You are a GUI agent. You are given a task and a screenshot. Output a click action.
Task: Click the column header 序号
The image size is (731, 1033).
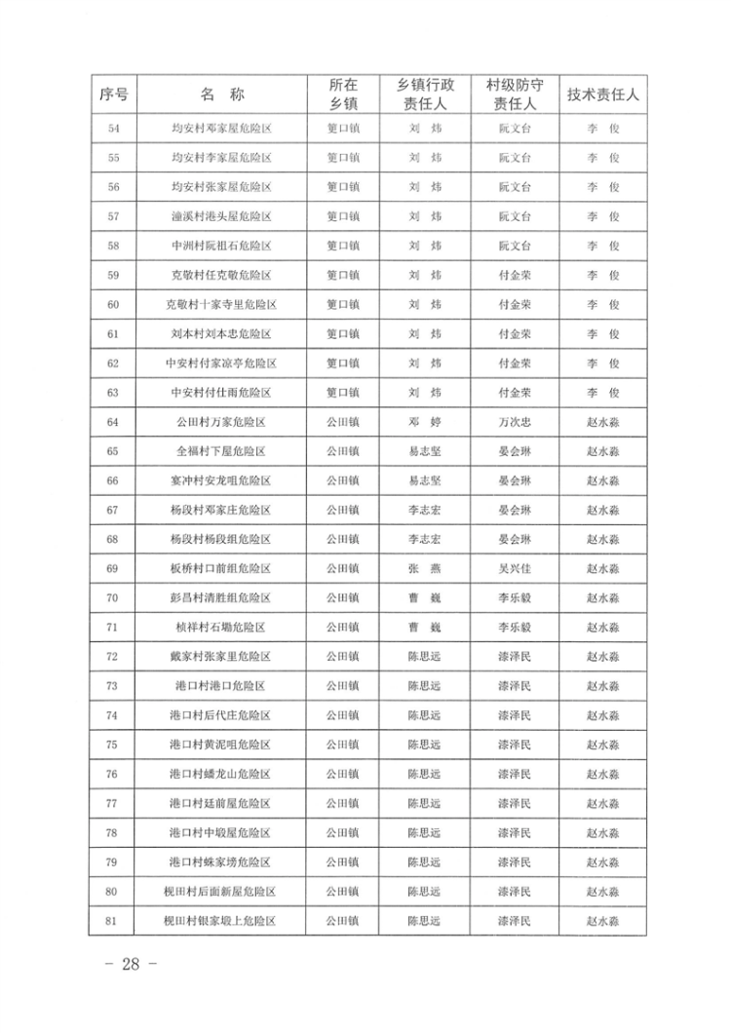coord(114,95)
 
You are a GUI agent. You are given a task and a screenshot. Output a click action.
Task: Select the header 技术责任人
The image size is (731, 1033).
coord(602,95)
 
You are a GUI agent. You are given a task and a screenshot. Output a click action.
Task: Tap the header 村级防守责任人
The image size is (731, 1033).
coord(514,95)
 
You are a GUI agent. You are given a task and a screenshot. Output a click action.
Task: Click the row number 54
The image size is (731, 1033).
coord(113,128)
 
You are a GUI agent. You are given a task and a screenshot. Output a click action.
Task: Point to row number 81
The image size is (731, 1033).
coord(113,920)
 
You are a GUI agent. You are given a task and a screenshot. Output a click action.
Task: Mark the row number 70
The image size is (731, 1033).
coord(113,597)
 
